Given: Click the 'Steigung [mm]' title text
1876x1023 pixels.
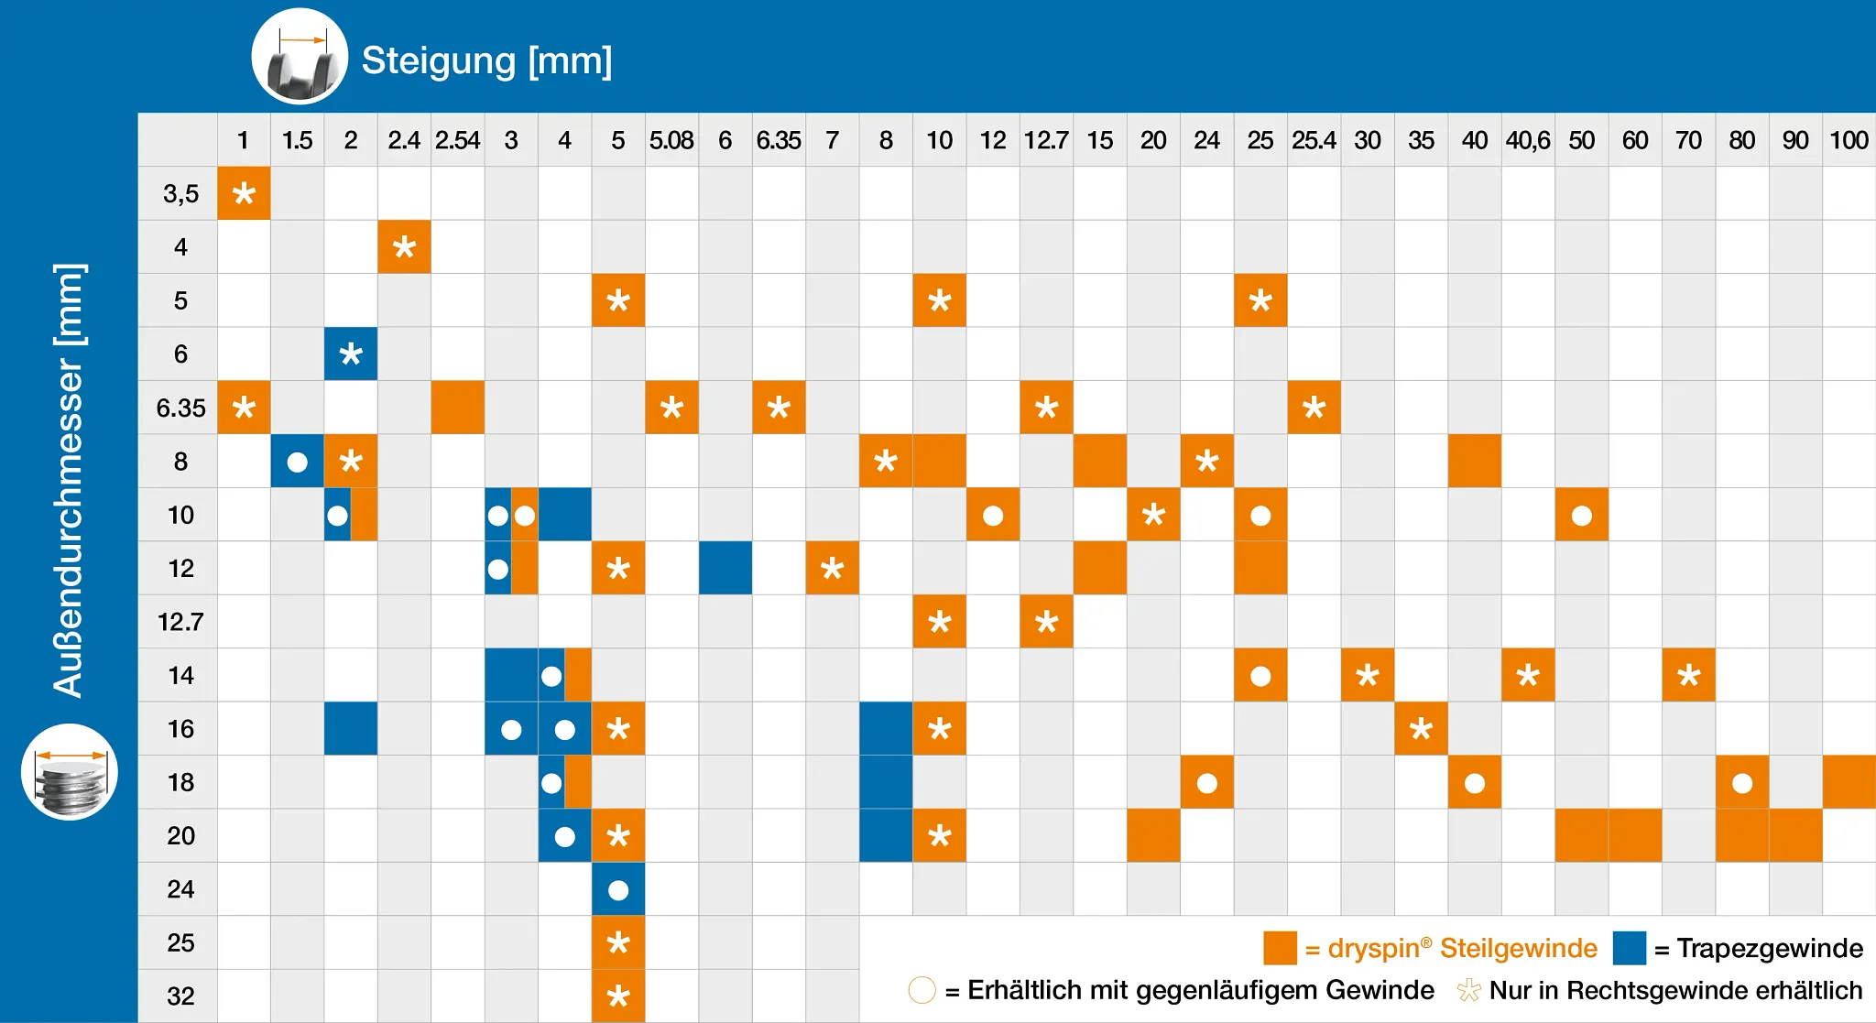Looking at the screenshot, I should (x=486, y=60).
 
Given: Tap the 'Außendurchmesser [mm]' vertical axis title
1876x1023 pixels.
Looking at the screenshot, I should (x=70, y=480).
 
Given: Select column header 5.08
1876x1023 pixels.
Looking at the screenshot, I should (x=671, y=140).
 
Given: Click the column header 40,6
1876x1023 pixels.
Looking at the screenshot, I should (x=1528, y=140).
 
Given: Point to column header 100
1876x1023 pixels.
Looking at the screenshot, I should (x=1849, y=140).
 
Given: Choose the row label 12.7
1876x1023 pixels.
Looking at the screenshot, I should (x=180, y=622).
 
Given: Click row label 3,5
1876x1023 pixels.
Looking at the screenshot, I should (x=180, y=193).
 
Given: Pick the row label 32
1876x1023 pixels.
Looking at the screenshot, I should (x=180, y=996).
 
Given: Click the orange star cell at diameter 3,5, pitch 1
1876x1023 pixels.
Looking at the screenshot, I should (x=244, y=193).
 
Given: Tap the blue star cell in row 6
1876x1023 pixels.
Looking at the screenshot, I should (x=351, y=354).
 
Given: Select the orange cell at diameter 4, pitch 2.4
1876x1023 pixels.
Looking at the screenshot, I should (x=404, y=247).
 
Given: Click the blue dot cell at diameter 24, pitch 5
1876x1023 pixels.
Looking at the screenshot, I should (x=618, y=889).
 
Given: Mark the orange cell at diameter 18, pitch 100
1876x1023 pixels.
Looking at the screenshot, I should (x=1849, y=782).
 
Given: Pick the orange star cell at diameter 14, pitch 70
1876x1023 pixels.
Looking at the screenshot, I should (x=1688, y=676).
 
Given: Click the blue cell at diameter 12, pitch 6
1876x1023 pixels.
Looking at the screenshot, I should (x=725, y=568).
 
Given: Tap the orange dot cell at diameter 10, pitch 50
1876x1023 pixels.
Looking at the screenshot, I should (x=1582, y=515).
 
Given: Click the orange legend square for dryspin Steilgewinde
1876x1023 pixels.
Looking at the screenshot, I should (x=1280, y=948).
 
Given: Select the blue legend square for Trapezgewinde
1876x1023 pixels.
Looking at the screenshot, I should (x=1629, y=948).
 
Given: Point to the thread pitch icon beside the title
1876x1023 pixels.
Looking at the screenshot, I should (x=300, y=57).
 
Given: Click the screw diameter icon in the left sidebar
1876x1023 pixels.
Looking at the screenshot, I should (x=70, y=772).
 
